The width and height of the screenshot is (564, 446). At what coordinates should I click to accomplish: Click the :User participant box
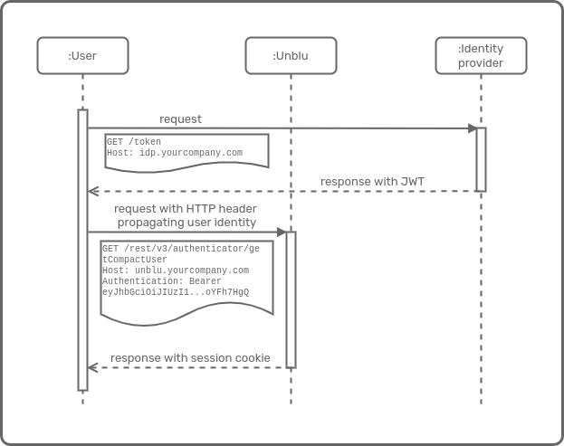pyautogui.click(x=82, y=55)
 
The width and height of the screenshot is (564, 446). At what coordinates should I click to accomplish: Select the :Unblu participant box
pyautogui.click(x=291, y=55)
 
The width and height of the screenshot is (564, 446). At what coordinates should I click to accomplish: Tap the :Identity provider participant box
pyautogui.click(x=481, y=55)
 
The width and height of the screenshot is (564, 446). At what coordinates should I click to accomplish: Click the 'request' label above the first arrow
pyautogui.click(x=180, y=119)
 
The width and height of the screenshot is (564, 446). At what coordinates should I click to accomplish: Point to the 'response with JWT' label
pyautogui.click(x=372, y=182)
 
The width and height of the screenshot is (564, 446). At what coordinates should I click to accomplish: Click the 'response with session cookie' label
pyautogui.click(x=190, y=358)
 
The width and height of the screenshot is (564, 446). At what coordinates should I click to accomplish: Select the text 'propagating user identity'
pyautogui.click(x=186, y=222)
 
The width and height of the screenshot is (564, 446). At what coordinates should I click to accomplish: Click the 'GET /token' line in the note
pyautogui.click(x=133, y=142)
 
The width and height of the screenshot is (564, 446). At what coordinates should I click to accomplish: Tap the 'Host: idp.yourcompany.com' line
pyautogui.click(x=175, y=153)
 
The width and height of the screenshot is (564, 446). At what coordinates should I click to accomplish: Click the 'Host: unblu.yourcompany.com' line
pyautogui.click(x=176, y=270)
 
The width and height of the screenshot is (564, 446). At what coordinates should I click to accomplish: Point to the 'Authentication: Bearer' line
pyautogui.click(x=161, y=281)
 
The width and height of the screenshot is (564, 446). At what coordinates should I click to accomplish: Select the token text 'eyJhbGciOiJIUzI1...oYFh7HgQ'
pyautogui.click(x=176, y=292)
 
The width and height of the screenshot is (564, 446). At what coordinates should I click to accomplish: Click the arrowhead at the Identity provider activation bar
pyautogui.click(x=472, y=128)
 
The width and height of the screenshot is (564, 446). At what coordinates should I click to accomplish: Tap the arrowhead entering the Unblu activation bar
pyautogui.click(x=281, y=232)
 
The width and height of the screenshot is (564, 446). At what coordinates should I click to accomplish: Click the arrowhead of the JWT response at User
pyautogui.click(x=92, y=191)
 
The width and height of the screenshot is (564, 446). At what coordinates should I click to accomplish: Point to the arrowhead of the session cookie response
pyautogui.click(x=92, y=367)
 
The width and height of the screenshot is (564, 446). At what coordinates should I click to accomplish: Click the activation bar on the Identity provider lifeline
pyautogui.click(x=481, y=159)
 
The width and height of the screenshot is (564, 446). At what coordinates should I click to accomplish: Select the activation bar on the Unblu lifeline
pyautogui.click(x=291, y=299)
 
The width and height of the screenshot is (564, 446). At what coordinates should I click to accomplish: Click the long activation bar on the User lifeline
pyautogui.click(x=82, y=250)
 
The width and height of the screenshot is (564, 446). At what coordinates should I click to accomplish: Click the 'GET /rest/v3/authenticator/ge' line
pyautogui.click(x=180, y=248)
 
